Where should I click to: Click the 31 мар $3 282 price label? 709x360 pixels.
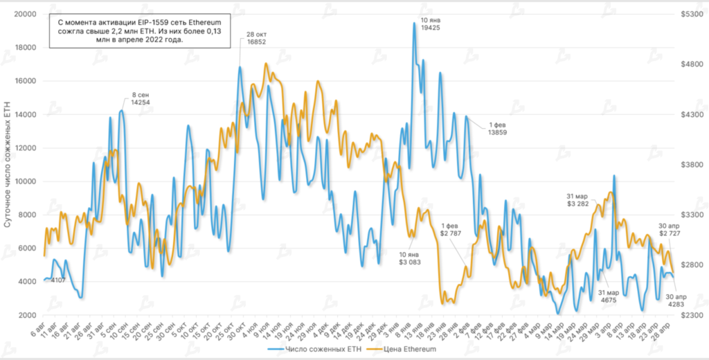[x=577, y=199]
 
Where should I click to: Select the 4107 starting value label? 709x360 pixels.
[x=58, y=280]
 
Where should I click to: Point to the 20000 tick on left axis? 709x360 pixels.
[x=26, y=15]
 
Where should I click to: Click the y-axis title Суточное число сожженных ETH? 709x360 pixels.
[x=8, y=165]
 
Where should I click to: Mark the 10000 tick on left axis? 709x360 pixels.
[x=26, y=181]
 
